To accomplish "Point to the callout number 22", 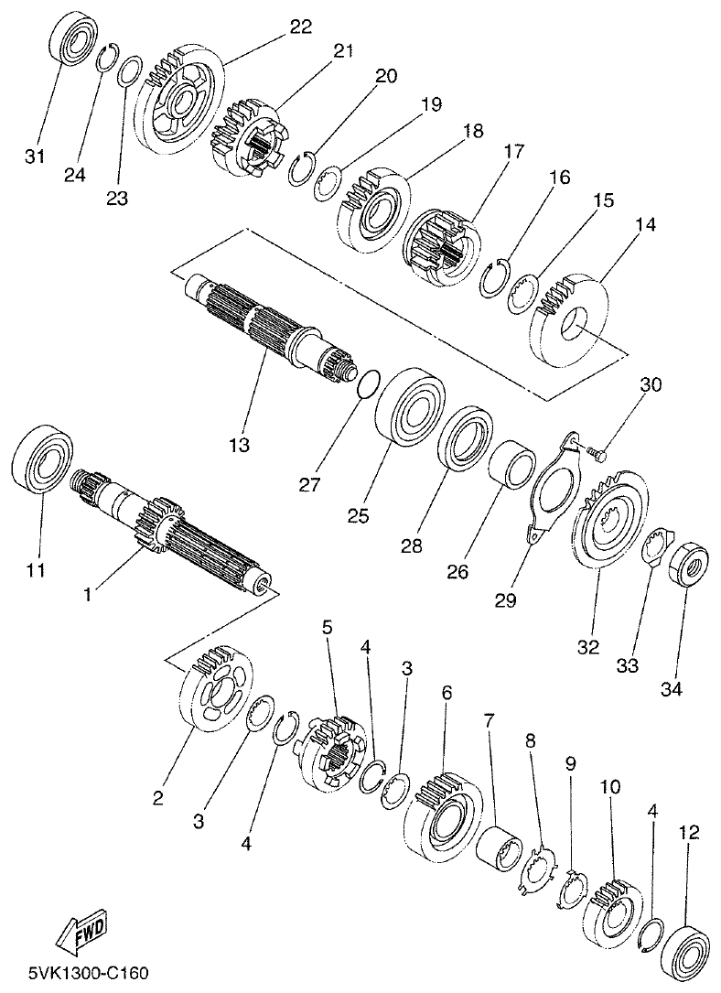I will click(301, 27).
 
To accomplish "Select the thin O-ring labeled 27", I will click(366, 384).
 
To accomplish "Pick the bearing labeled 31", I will click(69, 48).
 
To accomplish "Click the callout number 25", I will click(359, 515).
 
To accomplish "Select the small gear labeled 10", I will click(610, 905).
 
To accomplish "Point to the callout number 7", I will click(489, 721).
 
